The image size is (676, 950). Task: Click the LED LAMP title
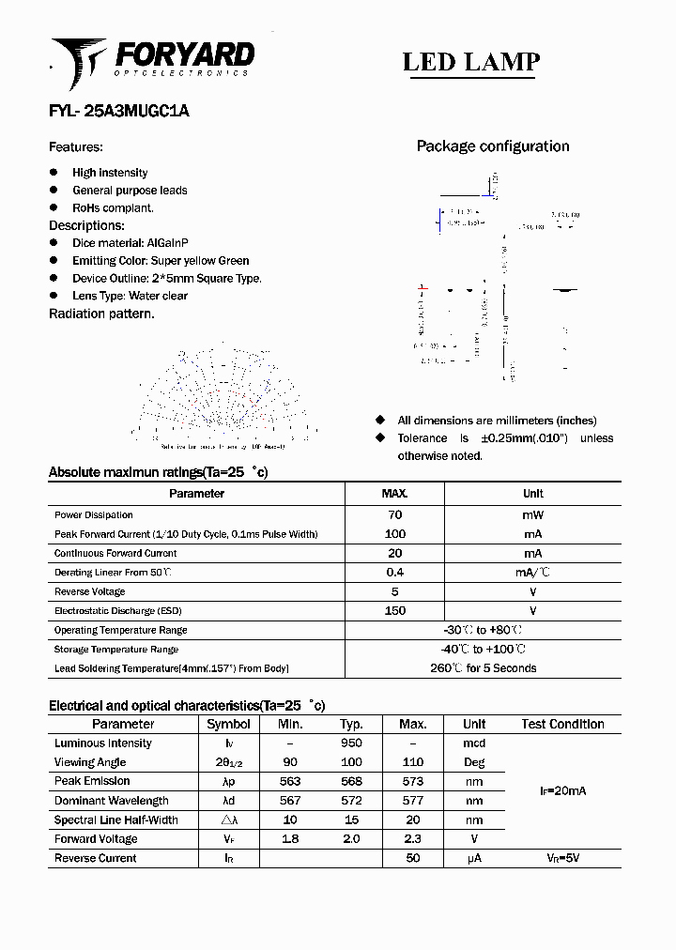click(x=470, y=62)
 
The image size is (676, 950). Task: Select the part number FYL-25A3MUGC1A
click(x=118, y=110)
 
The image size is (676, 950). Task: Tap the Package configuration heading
click(x=492, y=146)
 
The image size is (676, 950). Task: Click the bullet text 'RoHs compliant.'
click(x=113, y=207)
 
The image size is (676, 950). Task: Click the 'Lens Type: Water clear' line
click(x=130, y=296)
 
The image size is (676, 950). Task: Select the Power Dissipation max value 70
click(x=394, y=514)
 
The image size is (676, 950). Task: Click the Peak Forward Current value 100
click(x=394, y=534)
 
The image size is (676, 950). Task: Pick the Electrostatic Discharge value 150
click(x=394, y=611)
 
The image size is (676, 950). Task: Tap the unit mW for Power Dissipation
click(x=532, y=514)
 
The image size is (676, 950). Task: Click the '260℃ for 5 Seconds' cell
click(x=483, y=668)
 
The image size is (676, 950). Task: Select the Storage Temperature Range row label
click(x=116, y=650)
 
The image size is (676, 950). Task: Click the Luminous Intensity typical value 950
click(x=351, y=743)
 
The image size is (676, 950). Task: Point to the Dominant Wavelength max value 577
click(x=412, y=801)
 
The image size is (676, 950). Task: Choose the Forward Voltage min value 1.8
click(x=290, y=839)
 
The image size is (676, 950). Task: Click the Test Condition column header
click(x=562, y=724)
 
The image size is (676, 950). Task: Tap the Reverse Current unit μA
click(x=474, y=858)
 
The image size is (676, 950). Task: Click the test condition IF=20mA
click(x=562, y=791)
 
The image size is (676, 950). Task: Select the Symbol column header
click(x=228, y=724)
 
